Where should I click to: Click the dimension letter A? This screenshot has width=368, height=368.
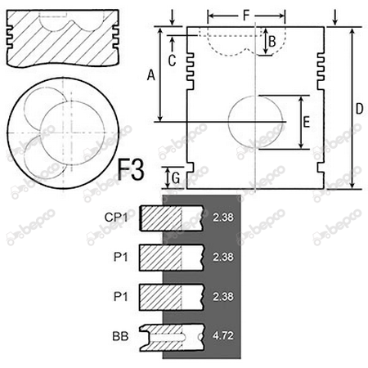pos(150,74)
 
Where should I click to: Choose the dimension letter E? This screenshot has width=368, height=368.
pos(305,123)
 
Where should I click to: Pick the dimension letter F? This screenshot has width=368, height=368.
pos(247,15)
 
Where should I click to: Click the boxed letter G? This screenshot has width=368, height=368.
pos(173,175)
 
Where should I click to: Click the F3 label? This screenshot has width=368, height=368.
pos(132,171)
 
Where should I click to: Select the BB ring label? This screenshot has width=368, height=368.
pos(120,335)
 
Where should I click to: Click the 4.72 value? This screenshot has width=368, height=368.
pos(222,335)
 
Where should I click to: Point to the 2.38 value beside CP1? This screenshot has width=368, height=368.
pos(222,217)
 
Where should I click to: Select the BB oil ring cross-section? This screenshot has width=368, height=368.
pos(171,335)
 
